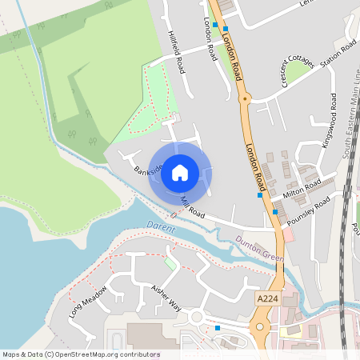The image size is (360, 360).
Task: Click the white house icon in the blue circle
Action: coord(180,172)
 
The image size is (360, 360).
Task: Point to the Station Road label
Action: coord(338,59)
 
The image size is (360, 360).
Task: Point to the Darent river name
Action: coord(160,226)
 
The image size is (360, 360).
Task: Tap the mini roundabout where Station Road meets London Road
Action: coord(246,98)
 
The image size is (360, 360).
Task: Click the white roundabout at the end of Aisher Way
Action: coord(197,318)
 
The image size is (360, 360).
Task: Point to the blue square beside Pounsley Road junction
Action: coord(275,212)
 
